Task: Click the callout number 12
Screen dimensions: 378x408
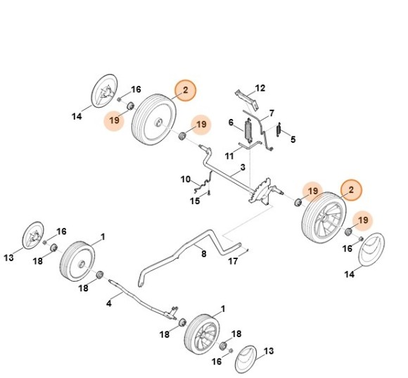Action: tap(260, 89)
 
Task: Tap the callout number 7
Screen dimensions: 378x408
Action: tap(272, 113)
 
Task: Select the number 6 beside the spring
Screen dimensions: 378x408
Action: tap(230, 123)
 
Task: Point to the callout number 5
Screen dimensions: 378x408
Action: tap(293, 139)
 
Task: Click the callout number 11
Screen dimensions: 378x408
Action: tap(229, 155)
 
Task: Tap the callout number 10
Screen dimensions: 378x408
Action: tap(186, 179)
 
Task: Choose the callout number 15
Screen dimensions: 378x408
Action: tap(195, 201)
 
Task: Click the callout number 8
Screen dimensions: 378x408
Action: tap(203, 254)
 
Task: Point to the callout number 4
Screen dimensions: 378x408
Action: tap(109, 304)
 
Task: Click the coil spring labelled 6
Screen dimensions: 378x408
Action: tap(247, 132)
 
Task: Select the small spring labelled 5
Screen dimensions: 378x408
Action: tap(279, 130)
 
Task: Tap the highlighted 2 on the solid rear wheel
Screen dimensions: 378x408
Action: tap(185, 90)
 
